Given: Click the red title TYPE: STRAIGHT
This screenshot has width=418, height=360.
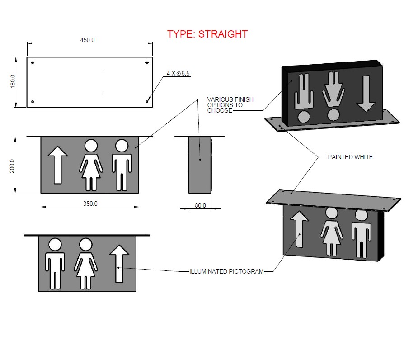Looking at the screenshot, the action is pyautogui.click(x=207, y=34).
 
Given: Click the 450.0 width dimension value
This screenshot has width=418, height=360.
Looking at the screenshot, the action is pyautogui.click(x=87, y=40).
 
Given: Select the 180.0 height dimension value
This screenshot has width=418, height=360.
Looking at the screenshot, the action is pyautogui.click(x=13, y=81).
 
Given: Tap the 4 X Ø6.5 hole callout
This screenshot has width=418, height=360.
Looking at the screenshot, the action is pyautogui.click(x=178, y=73).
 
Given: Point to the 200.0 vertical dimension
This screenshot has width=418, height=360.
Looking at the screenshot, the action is pyautogui.click(x=12, y=166).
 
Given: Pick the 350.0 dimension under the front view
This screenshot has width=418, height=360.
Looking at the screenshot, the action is pyautogui.click(x=90, y=204).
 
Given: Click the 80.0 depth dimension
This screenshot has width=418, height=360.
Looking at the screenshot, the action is pyautogui.click(x=200, y=205).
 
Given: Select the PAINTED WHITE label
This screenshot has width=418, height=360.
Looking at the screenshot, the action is pyautogui.click(x=350, y=157).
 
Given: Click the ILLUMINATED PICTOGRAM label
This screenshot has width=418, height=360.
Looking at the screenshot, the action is pyautogui.click(x=226, y=271).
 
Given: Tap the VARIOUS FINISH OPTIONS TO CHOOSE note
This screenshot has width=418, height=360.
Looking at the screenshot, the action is pyautogui.click(x=230, y=105).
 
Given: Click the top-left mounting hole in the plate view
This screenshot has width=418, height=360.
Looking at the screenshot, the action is pyautogui.click(x=33, y=63).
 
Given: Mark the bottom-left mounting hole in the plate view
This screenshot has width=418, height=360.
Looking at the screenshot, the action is pyautogui.click(x=33, y=102).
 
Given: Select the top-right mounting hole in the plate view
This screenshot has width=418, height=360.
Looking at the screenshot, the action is pyautogui.click(x=147, y=63).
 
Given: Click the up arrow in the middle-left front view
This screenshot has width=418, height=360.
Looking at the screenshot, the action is pyautogui.click(x=57, y=165).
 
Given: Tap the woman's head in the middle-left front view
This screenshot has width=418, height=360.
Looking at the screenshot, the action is pyautogui.click(x=91, y=146).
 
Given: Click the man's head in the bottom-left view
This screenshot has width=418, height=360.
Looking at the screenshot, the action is pyautogui.click(x=55, y=245).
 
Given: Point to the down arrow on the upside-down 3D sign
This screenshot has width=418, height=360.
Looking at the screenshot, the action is pyautogui.click(x=366, y=94).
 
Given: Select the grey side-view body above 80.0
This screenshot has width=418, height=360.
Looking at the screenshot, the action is pyautogui.click(x=200, y=165).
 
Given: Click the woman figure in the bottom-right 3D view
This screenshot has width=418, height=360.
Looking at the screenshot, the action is pyautogui.click(x=332, y=232).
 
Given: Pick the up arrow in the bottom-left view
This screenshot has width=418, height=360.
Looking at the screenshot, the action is pyautogui.click(x=119, y=264).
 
